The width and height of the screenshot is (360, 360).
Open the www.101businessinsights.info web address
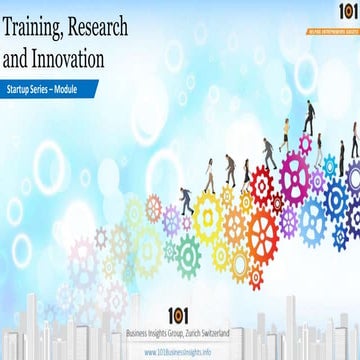coord(181,352)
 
